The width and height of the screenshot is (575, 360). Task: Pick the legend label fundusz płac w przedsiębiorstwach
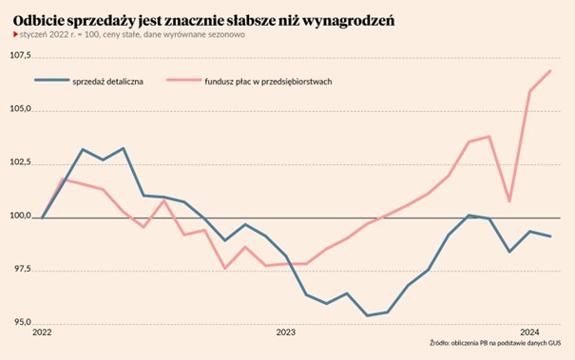click(267, 82)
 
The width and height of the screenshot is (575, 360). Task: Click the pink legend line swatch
click(181, 82)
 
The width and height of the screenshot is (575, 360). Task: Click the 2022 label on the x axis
click(43, 333)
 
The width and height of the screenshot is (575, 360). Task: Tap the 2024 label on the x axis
click(530, 333)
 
